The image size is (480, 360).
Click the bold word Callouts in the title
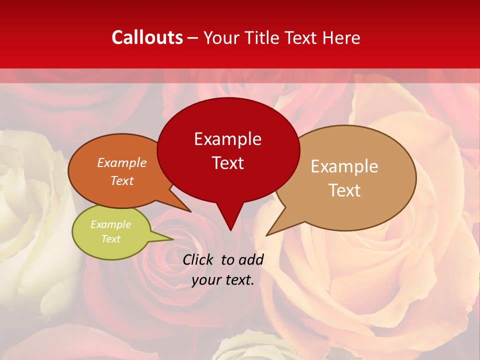147,37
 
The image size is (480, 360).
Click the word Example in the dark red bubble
227,139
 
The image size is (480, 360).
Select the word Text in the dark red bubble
227,163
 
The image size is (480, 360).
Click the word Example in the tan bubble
344,166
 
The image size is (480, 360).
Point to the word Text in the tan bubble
344,190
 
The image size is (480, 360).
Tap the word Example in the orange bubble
122,163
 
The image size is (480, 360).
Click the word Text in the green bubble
110,239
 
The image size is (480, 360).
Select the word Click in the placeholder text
199,259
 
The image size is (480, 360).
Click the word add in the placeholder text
251,259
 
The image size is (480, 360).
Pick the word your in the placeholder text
206,280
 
